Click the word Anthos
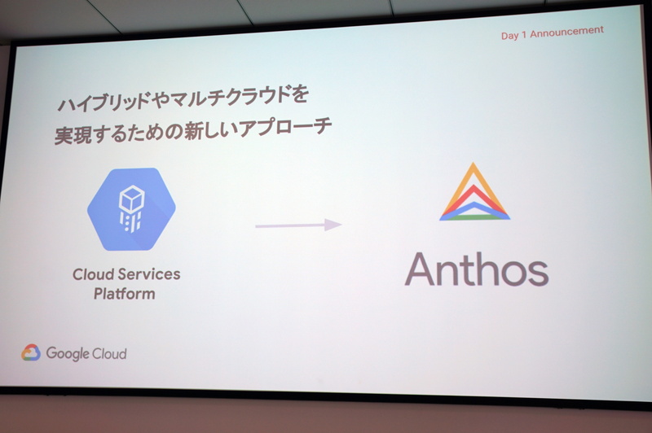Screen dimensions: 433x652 [x=476, y=269]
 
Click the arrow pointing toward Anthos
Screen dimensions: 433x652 [x=297, y=224]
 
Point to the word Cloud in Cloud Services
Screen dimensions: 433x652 [x=93, y=275]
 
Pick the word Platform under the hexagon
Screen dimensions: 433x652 [x=124, y=294]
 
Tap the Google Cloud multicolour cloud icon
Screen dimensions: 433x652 [x=31, y=352]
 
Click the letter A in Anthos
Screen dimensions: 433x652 [x=421, y=269]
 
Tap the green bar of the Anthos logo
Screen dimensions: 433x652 [x=475, y=216]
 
